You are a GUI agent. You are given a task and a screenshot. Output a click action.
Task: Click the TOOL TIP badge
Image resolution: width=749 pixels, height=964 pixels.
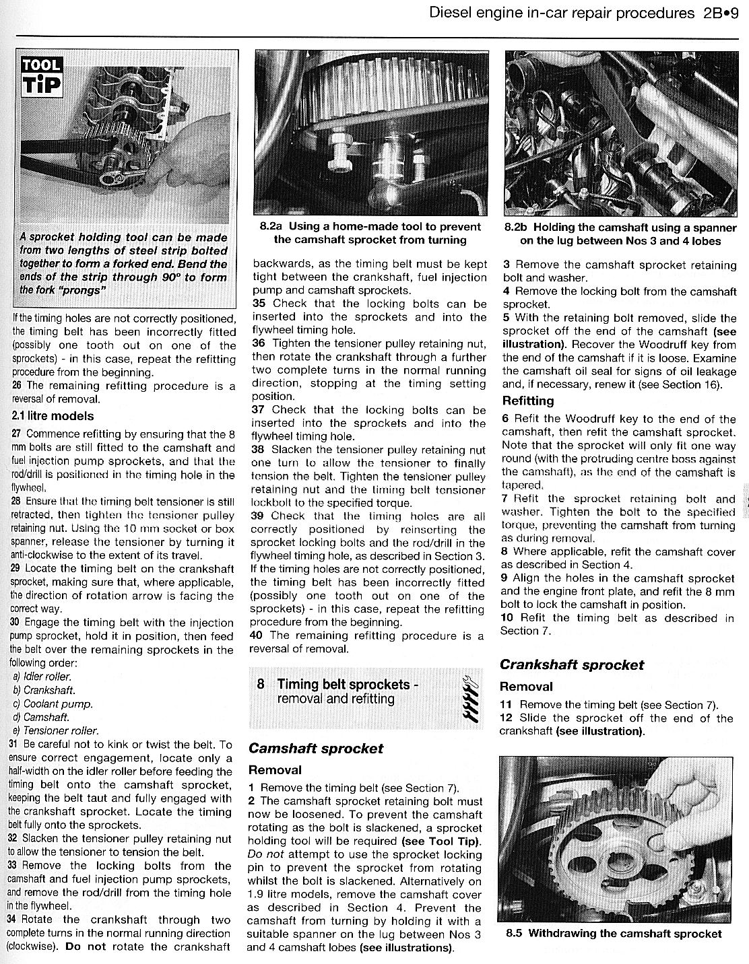tap(42, 76)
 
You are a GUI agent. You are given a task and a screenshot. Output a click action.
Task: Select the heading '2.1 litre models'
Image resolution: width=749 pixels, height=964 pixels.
tap(53, 416)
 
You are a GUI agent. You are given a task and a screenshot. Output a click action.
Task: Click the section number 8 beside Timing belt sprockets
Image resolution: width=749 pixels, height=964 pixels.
tap(261, 685)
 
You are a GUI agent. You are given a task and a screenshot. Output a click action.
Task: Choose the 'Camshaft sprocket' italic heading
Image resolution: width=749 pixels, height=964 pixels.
tap(315, 749)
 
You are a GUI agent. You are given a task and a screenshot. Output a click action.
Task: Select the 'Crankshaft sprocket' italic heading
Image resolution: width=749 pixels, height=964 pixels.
tap(571, 664)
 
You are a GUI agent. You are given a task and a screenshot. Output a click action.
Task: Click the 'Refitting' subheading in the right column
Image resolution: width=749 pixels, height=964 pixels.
tap(528, 401)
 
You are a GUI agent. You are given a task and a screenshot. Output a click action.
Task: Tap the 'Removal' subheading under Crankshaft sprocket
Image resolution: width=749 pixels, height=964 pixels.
tap(526, 687)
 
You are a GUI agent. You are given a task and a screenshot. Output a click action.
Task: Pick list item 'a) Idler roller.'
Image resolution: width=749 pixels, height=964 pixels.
tap(42, 677)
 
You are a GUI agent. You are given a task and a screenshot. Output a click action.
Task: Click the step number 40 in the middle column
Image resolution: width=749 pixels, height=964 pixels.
tap(256, 635)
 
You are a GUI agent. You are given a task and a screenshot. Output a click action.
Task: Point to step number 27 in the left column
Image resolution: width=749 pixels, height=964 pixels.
tap(15, 434)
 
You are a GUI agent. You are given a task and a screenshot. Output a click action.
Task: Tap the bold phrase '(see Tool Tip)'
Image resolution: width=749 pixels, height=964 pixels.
tap(441, 841)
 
